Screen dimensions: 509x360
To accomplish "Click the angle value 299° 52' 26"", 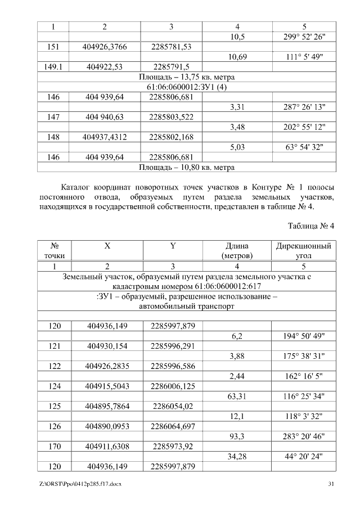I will click(304, 37).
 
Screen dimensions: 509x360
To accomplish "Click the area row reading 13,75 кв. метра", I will click(186, 76).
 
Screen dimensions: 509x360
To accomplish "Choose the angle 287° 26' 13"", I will click(304, 107).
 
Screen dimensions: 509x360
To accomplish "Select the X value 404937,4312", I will click(105, 137).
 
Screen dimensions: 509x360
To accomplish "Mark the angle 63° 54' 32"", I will click(304, 147).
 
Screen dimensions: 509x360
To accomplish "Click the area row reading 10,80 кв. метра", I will click(186, 167).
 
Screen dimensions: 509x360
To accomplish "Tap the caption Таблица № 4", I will click(311, 226).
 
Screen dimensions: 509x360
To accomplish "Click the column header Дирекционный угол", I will click(304, 251).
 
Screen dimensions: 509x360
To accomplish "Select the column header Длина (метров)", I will click(236, 251).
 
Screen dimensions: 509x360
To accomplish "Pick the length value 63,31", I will click(236, 397).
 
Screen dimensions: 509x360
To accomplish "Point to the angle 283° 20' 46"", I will click(304, 436).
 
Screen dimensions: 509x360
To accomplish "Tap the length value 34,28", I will click(236, 457).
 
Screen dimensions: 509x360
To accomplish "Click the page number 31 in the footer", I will click(331, 484).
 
